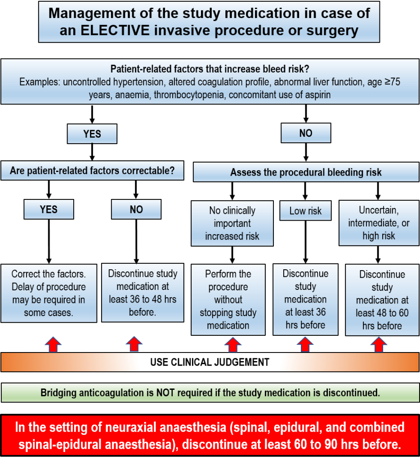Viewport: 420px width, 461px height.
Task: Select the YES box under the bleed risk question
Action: click(x=92, y=134)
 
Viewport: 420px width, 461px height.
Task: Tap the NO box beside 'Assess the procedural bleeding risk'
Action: click(x=306, y=133)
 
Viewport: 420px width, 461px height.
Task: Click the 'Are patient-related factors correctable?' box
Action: click(x=92, y=171)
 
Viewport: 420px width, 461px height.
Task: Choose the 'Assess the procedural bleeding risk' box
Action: click(x=306, y=172)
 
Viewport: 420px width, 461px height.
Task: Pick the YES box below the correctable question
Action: click(x=49, y=209)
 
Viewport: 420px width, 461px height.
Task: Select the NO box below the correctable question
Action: click(x=136, y=209)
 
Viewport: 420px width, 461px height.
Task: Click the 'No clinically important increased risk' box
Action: click(x=232, y=223)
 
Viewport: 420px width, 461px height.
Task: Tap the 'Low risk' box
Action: click(x=305, y=211)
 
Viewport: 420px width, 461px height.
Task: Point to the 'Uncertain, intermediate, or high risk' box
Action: click(x=379, y=223)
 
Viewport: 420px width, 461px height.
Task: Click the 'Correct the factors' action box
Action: click(x=49, y=294)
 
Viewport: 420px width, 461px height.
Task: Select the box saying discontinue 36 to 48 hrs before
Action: click(x=143, y=293)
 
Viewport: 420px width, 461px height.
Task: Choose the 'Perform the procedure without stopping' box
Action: click(x=228, y=299)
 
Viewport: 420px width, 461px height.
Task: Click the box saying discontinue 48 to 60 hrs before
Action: click(x=382, y=300)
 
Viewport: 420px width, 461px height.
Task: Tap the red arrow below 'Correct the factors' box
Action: click(x=53, y=345)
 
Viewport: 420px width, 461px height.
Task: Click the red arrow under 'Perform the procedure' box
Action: click(x=232, y=345)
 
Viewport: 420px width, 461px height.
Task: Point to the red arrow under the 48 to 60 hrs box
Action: click(x=379, y=345)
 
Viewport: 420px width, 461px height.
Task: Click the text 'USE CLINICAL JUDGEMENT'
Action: click(x=210, y=362)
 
